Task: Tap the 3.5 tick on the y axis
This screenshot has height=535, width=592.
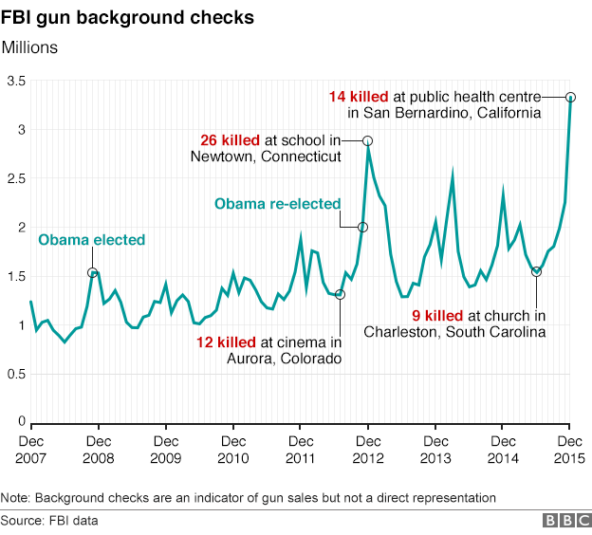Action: (14, 82)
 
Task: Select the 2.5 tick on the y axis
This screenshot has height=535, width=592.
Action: (14, 179)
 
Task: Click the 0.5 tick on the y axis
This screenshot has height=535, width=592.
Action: (14, 374)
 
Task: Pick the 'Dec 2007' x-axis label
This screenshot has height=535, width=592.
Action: (31, 449)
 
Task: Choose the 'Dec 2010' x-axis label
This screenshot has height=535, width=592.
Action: (233, 449)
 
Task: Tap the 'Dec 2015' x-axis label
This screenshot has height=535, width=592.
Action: (570, 449)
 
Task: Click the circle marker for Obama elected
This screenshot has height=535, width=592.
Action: (92, 273)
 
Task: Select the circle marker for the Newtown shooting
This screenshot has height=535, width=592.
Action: (368, 140)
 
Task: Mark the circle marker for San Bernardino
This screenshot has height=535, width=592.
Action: (570, 97)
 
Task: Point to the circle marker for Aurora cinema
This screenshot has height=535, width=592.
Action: (341, 294)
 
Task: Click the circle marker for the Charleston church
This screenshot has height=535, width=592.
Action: (536, 271)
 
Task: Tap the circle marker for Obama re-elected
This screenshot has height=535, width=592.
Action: (362, 228)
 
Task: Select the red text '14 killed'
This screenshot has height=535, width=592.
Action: (359, 97)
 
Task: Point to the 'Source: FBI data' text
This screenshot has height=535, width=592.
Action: (49, 521)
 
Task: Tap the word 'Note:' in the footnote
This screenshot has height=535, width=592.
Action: (16, 497)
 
